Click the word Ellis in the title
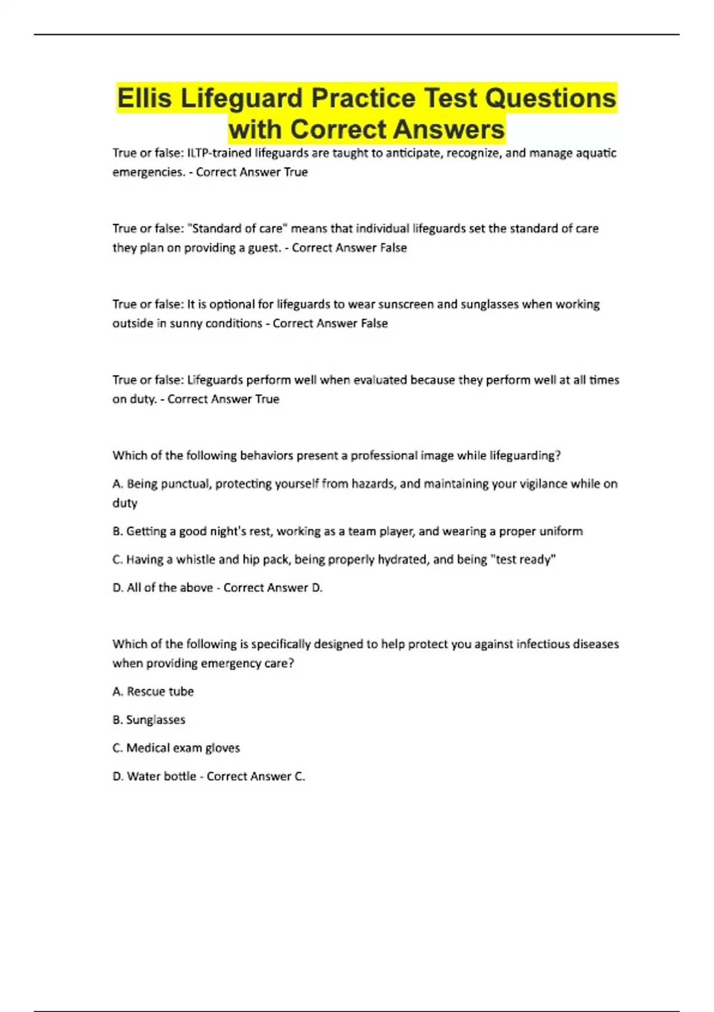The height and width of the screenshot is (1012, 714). point(145,98)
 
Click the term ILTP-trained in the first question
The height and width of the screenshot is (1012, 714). point(220,153)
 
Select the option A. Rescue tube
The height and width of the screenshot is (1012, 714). point(153,692)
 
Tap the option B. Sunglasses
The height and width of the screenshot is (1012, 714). point(149,720)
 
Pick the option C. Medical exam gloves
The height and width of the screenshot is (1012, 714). point(176,748)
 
